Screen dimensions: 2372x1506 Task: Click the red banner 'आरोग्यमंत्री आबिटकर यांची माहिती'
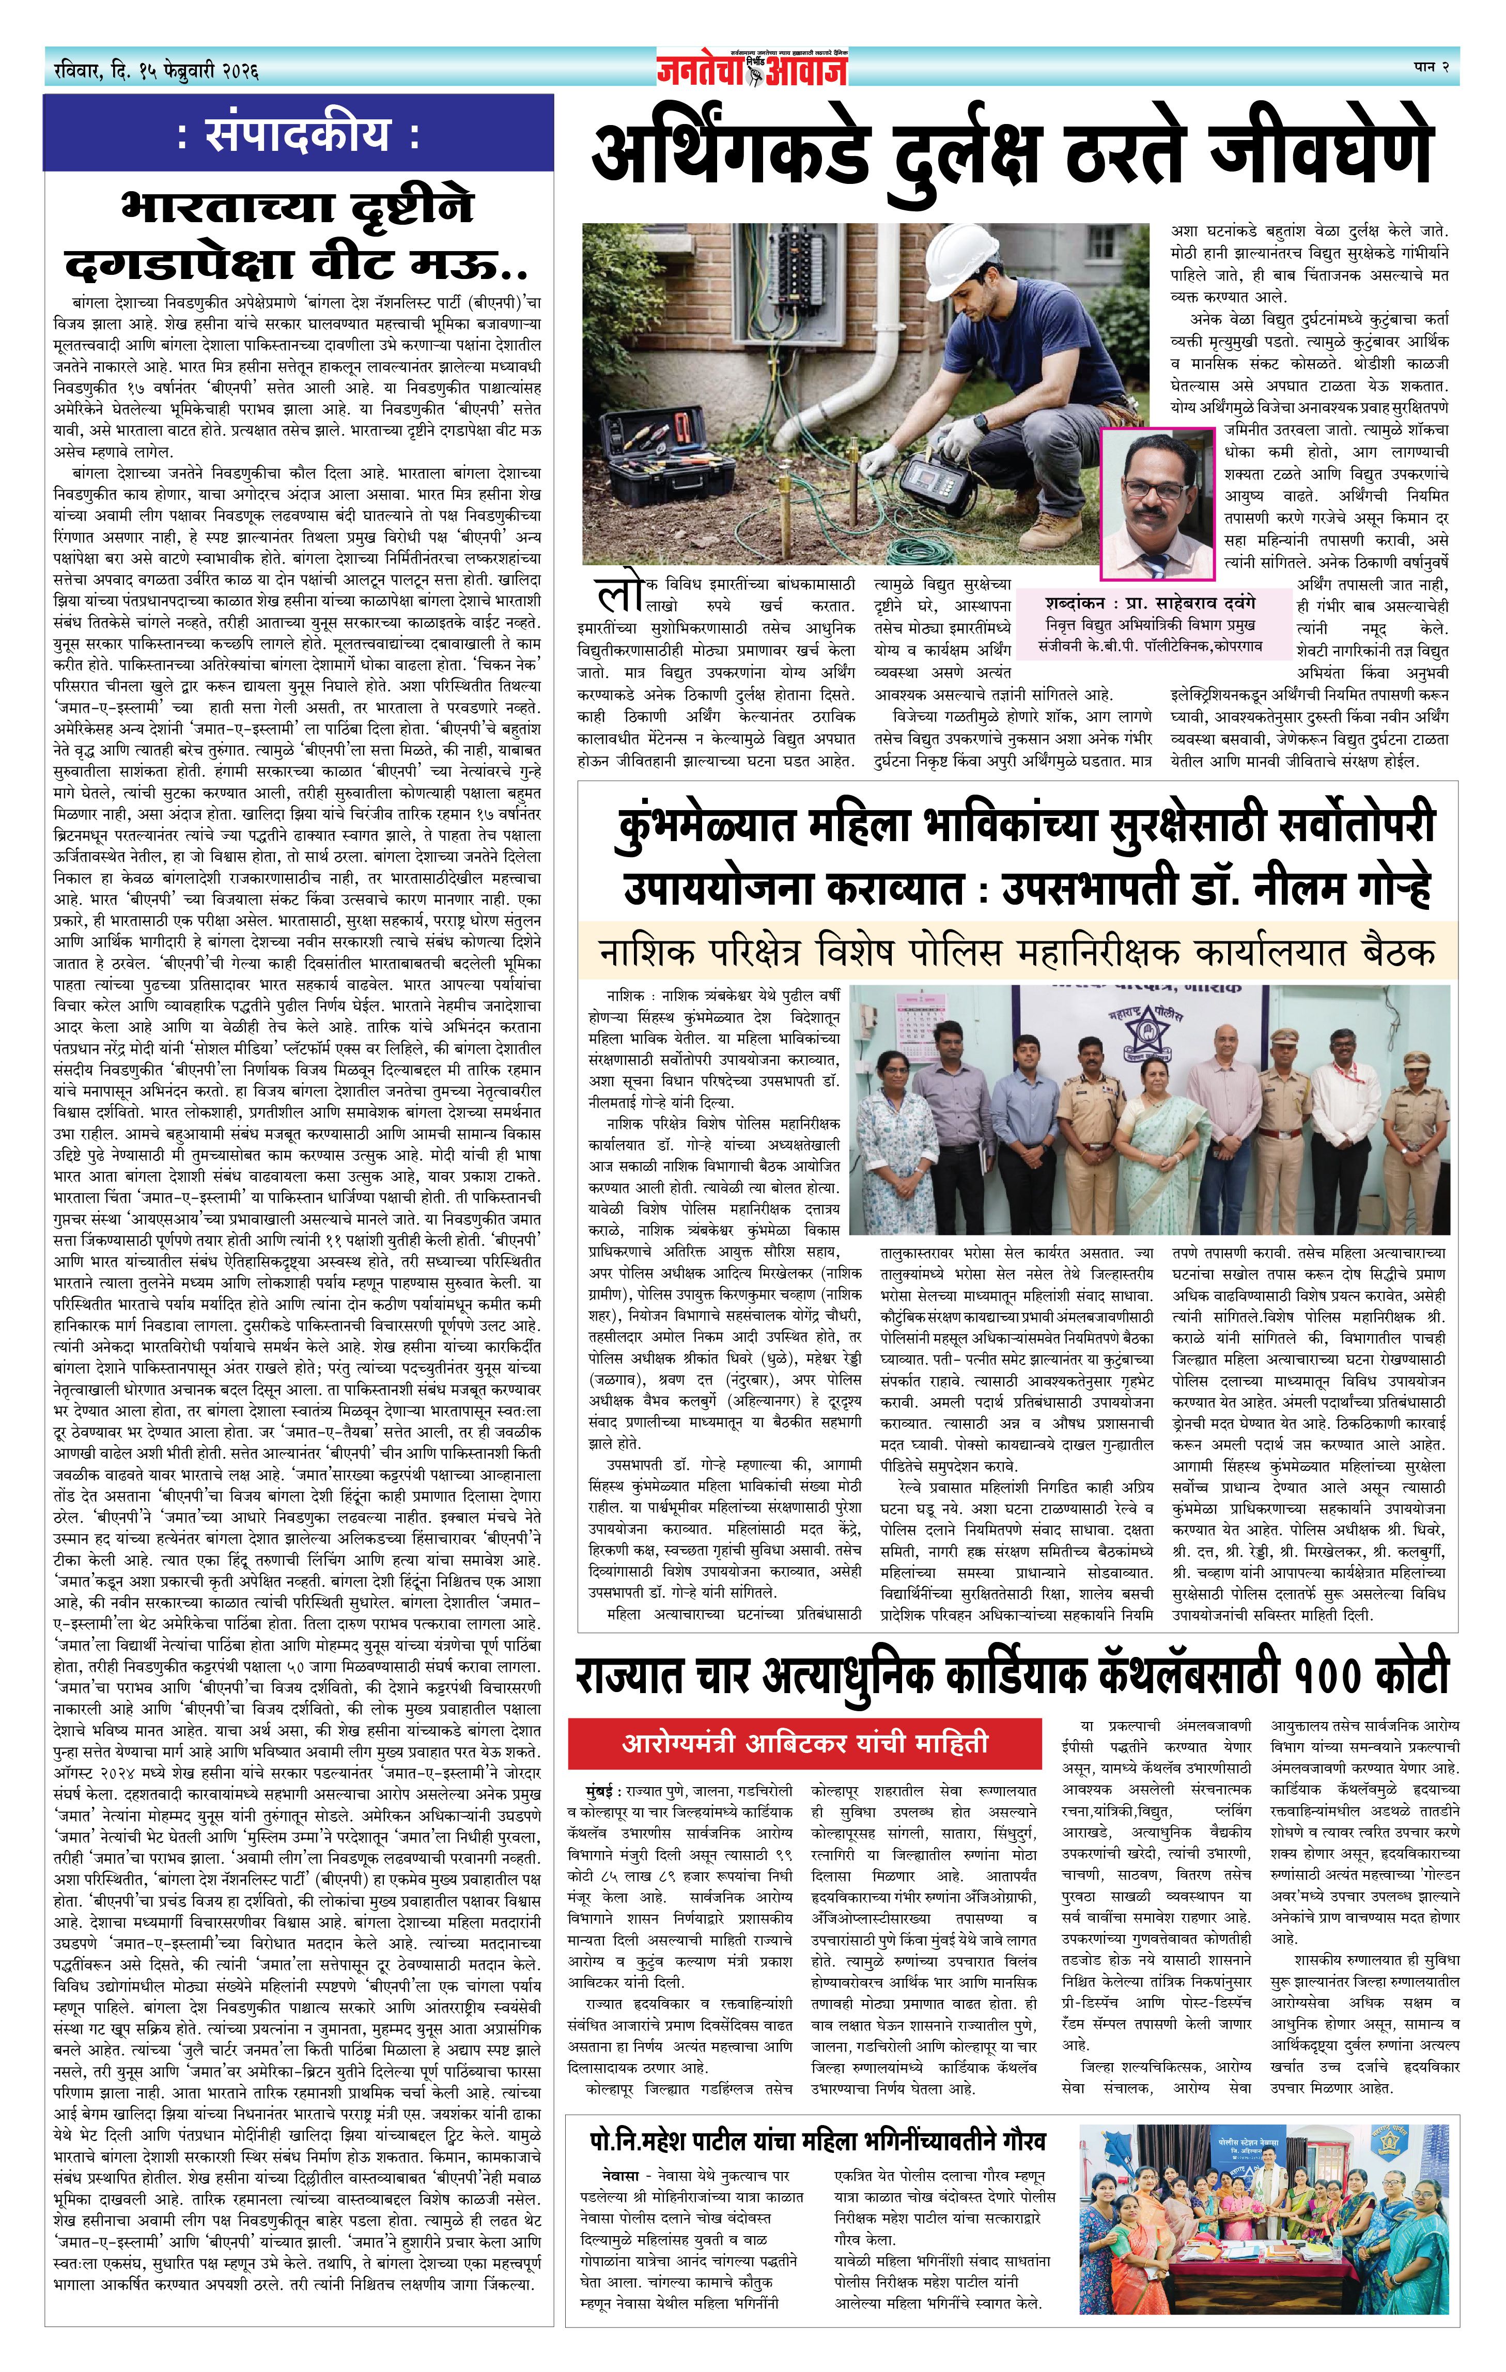click(805, 1745)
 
